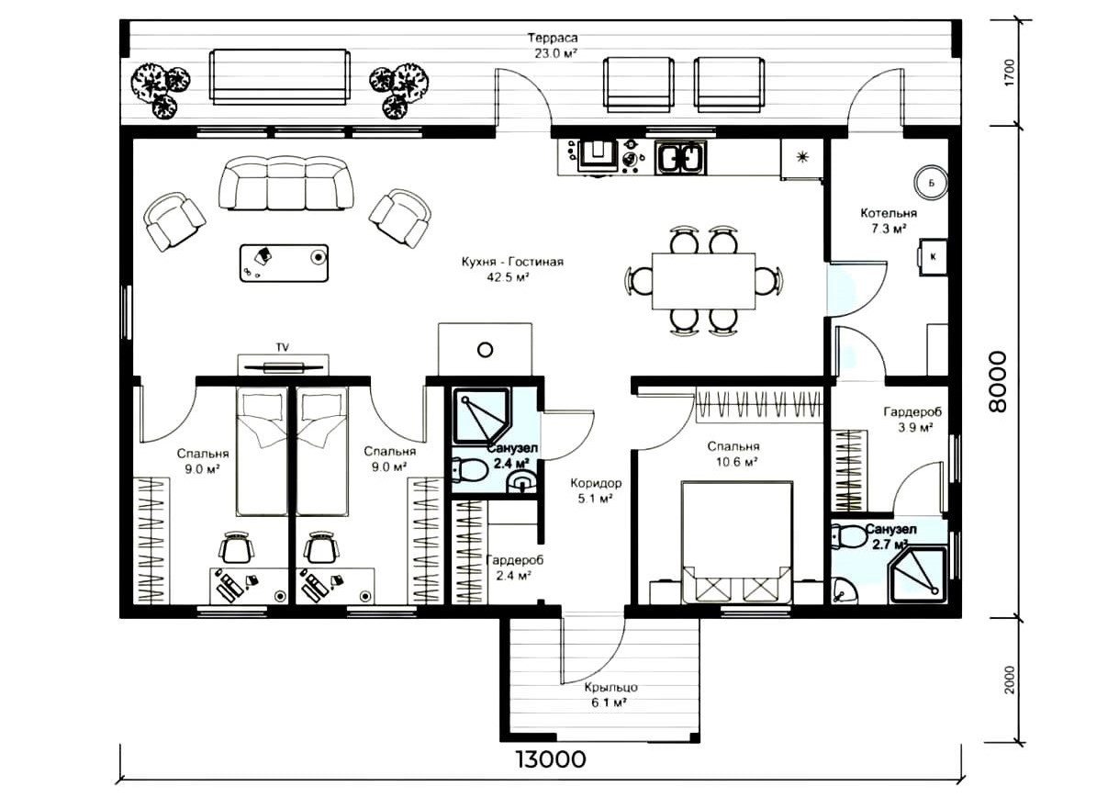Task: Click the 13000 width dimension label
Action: point(551,759)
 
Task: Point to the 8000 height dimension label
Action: point(998,381)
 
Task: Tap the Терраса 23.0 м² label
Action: point(553,46)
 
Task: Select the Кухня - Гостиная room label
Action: point(512,262)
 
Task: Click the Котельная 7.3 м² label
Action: point(889,221)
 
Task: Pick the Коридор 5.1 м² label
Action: point(596,490)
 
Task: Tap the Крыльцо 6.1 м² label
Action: point(611,695)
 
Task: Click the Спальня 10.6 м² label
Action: point(733,454)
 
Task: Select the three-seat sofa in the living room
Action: point(286,183)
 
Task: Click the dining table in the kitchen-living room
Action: point(704,281)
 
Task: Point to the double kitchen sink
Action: point(681,156)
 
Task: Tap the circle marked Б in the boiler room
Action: point(931,183)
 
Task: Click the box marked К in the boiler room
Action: point(933,257)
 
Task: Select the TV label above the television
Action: point(282,347)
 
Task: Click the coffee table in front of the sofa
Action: point(284,263)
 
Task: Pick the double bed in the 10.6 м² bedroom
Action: point(737,543)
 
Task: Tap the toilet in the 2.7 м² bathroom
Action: point(850,536)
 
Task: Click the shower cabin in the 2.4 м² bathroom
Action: point(482,416)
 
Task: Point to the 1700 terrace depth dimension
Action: point(1010,73)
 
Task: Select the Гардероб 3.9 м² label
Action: point(912,420)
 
